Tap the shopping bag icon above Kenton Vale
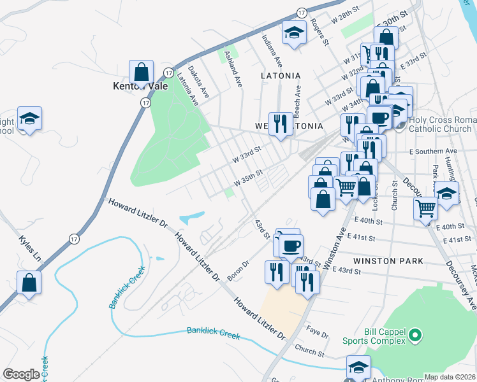141,71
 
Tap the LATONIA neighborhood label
280,75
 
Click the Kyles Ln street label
29,249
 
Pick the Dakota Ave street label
200,83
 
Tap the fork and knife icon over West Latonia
280,123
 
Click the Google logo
21,374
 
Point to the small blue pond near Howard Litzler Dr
192,218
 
